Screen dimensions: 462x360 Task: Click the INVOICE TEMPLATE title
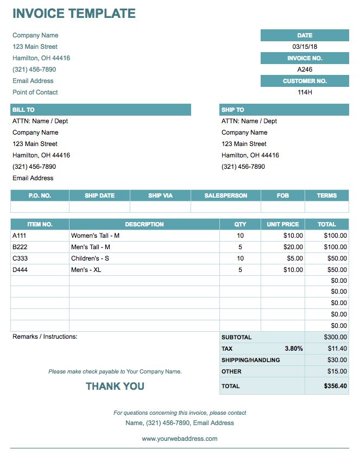coord(74,14)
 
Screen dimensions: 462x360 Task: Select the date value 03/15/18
coord(305,47)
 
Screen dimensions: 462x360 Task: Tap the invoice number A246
coord(305,69)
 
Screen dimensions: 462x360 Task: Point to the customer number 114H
coord(305,92)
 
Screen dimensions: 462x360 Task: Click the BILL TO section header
coord(23,110)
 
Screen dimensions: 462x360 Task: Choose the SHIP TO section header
coord(232,110)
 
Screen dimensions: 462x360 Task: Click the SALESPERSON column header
coord(226,195)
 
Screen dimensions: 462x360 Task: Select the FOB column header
coord(283,195)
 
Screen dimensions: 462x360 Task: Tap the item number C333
coord(20,258)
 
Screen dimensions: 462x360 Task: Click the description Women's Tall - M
coord(96,236)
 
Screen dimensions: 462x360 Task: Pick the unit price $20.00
coord(293,247)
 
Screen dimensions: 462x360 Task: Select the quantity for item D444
coord(240,270)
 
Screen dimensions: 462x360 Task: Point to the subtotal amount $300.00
coord(335,337)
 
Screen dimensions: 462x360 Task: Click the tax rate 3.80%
coord(293,349)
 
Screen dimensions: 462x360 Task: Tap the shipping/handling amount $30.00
coord(337,360)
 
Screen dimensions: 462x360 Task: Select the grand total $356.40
coord(335,386)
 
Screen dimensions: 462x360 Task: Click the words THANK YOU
coord(115,386)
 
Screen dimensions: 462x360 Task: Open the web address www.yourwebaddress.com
coord(180,439)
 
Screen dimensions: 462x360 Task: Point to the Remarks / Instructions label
coord(45,337)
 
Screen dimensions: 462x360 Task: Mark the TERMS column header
coord(327,195)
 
